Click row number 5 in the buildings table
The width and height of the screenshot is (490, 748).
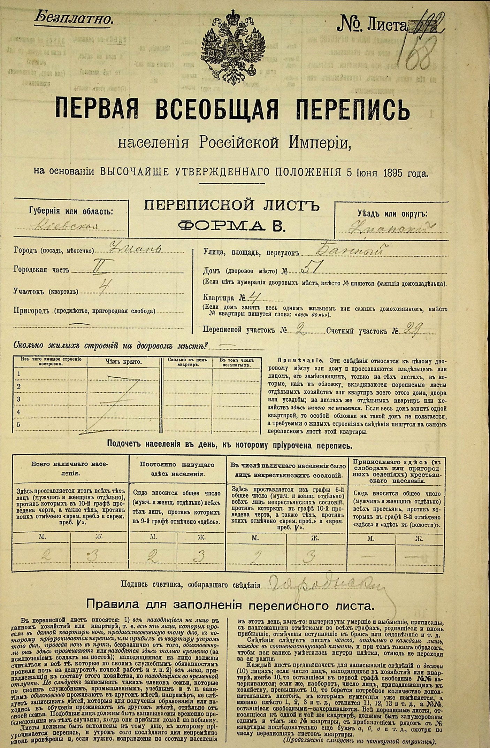coord(18,425)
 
